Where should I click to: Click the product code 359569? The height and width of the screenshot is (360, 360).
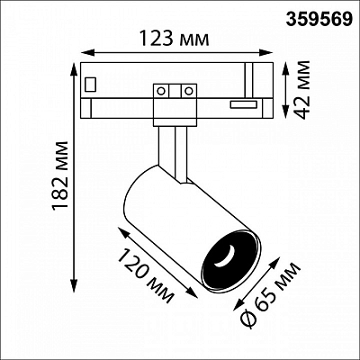tap(319, 20)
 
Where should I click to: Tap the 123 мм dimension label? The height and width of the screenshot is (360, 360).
tap(175, 39)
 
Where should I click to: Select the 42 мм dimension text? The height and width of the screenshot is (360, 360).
tap(302, 90)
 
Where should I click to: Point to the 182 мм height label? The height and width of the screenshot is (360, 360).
tap(60, 175)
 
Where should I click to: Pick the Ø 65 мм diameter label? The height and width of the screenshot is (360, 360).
tap(271, 296)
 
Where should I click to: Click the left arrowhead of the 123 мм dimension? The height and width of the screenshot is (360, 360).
tap(87, 53)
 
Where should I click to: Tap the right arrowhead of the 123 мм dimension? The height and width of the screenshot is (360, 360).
tap(265, 53)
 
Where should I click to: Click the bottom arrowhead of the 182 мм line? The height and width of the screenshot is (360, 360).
tap(74, 285)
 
